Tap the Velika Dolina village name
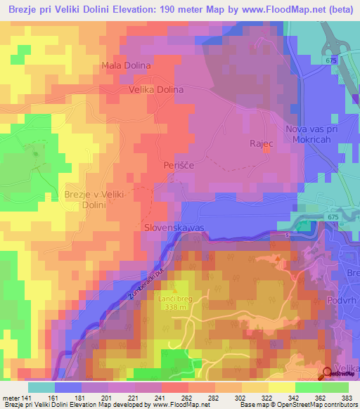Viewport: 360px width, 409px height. pos(155,90)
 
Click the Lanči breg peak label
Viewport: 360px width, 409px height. pos(174,299)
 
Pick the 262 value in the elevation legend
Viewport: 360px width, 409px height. pos(186,398)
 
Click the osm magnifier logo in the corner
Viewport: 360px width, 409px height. pos(328,373)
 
